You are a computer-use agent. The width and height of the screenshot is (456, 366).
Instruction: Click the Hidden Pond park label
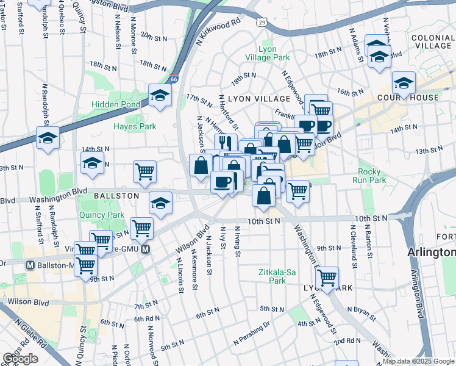(x=116, y=104)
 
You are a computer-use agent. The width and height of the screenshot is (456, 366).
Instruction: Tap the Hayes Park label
(x=135, y=126)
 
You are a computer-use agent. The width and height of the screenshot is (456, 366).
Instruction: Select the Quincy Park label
(x=101, y=215)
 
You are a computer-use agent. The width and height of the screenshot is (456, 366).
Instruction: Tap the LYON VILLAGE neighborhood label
(x=259, y=98)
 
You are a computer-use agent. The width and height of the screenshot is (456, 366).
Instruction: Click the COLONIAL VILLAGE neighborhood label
(x=432, y=41)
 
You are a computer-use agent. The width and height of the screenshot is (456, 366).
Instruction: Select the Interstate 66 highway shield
(x=174, y=62)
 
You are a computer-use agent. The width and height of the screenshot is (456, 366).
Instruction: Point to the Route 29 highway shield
(x=262, y=22)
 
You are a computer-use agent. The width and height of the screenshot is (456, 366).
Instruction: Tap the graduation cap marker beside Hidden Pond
(x=160, y=96)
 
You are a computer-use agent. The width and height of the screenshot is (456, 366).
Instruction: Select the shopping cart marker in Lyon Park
(x=327, y=277)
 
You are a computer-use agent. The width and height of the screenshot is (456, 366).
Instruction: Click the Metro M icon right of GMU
(x=146, y=249)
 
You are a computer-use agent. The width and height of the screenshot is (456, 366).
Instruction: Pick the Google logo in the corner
(x=21, y=359)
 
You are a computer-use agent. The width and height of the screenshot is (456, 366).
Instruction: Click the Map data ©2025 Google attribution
(x=418, y=361)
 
